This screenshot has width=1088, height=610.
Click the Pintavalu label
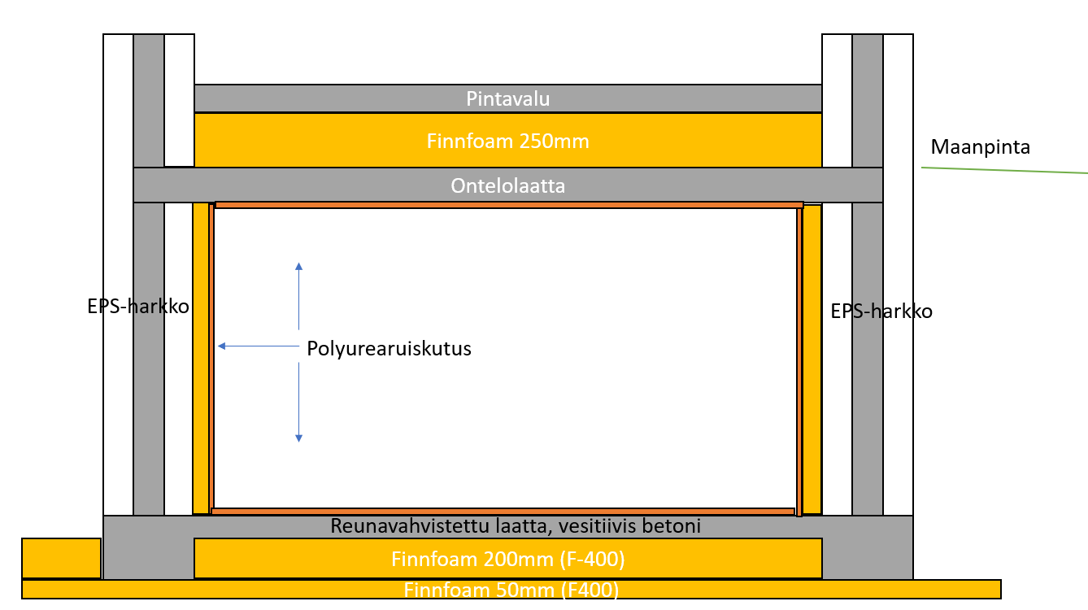coord(507,99)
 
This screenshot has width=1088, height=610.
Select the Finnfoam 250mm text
coord(507,142)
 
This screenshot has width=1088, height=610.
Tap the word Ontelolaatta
coord(507,186)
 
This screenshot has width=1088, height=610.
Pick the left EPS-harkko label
coord(138,307)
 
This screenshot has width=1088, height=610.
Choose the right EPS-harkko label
coord(881,311)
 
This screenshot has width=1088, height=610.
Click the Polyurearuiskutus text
coord(389,348)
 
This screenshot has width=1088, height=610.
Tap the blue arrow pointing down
coord(298,403)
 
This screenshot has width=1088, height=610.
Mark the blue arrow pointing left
coord(256,346)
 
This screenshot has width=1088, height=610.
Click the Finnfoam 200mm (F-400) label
coord(507,560)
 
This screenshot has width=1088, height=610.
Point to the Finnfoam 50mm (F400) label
coord(511,590)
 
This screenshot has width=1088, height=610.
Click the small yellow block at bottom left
coord(61,558)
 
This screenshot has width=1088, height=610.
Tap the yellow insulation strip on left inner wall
coord(200,358)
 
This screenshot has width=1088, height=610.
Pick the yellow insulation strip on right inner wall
coord(812,358)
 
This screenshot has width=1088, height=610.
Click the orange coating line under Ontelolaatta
coord(508,205)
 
